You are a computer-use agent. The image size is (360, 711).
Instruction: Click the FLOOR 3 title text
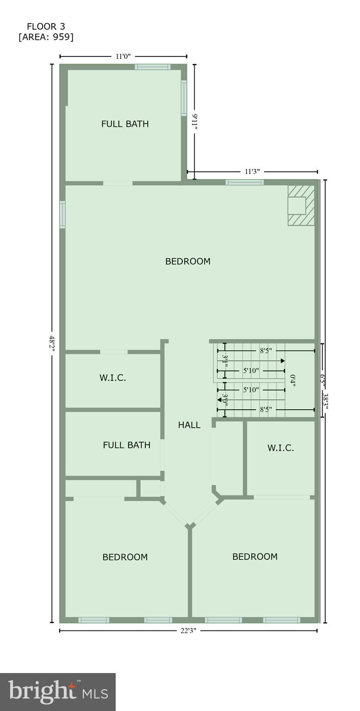(x=46, y=26)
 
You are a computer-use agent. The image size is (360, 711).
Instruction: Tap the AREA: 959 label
(x=46, y=37)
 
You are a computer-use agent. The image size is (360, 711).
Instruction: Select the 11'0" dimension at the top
(x=123, y=56)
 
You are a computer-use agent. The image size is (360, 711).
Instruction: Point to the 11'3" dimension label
(x=252, y=172)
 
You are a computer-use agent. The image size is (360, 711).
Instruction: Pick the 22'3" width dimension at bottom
(x=189, y=630)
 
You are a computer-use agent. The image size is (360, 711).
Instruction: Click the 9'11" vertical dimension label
(x=195, y=122)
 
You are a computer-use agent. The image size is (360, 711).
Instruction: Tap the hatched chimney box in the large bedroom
(x=301, y=206)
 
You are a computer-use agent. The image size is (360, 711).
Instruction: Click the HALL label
(x=189, y=425)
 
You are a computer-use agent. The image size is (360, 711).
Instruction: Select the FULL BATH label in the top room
(x=125, y=124)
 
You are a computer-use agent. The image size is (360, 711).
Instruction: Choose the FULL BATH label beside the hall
(x=126, y=445)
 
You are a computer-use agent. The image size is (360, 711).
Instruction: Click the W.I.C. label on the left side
(x=112, y=378)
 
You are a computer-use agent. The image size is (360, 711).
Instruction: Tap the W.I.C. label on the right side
(x=280, y=448)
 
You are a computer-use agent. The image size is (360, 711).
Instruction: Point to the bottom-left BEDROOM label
(x=125, y=557)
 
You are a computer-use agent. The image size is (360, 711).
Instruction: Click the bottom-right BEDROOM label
(x=255, y=557)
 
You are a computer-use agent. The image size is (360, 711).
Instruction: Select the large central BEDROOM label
(x=188, y=262)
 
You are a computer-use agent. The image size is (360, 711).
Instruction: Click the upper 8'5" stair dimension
(x=266, y=350)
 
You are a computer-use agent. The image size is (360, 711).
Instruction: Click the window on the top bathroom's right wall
(x=184, y=98)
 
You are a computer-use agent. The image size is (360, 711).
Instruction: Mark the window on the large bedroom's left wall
(x=62, y=214)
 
